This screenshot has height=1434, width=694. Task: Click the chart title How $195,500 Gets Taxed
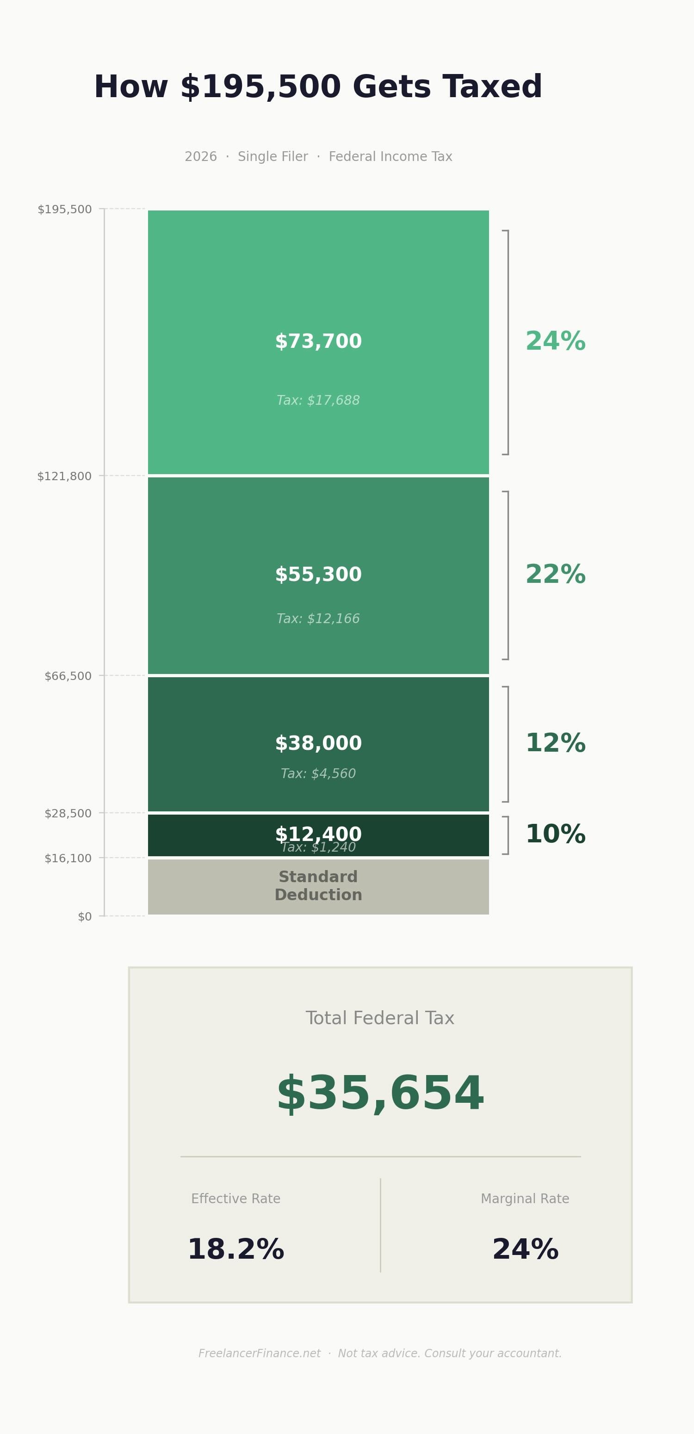tap(318, 87)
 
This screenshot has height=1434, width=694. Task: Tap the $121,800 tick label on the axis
tap(65, 476)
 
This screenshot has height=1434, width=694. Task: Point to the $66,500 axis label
tap(68, 676)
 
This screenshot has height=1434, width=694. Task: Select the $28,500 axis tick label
tap(68, 813)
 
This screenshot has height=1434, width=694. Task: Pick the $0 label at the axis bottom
tap(85, 917)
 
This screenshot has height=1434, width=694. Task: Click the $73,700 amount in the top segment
tap(318, 341)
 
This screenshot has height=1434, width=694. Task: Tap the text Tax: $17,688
tap(318, 400)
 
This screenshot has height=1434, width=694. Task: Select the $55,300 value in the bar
tap(318, 575)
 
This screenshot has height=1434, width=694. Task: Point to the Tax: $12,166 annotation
tap(318, 618)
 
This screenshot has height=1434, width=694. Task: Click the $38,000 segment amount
tap(318, 743)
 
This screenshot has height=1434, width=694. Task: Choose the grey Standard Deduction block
tap(318, 886)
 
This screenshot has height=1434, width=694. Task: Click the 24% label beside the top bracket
tap(555, 341)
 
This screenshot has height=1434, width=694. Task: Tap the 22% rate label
tap(555, 575)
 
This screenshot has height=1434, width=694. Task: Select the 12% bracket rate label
tap(555, 743)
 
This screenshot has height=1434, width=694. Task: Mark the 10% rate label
tap(555, 834)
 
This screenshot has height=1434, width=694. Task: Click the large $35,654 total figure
tap(380, 1094)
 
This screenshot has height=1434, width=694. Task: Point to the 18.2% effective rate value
tap(235, 1250)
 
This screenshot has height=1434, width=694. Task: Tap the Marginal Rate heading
tap(525, 1199)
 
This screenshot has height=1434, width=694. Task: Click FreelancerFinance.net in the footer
tap(260, 1354)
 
